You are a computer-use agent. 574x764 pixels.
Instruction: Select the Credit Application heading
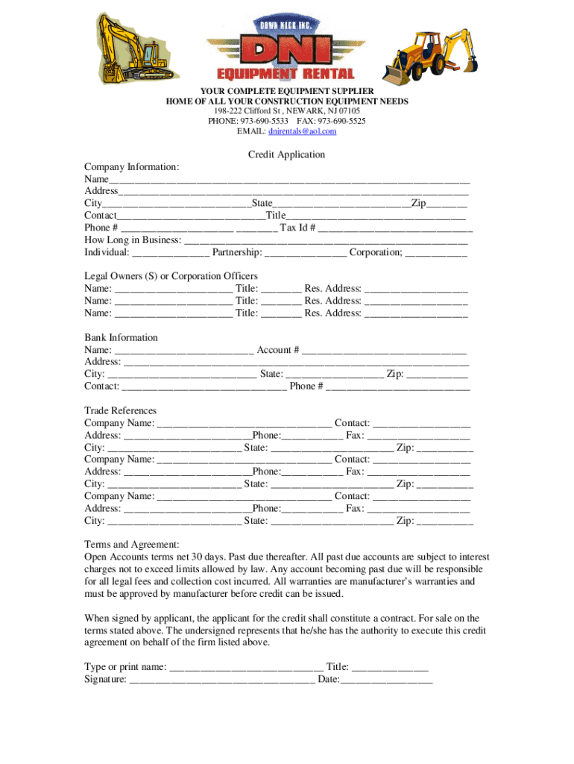(x=287, y=154)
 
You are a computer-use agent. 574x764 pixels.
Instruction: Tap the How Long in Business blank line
(x=326, y=241)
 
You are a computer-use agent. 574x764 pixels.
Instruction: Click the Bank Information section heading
(x=121, y=338)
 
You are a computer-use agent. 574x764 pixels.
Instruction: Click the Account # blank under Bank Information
(x=384, y=351)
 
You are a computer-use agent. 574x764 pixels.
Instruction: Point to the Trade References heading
(x=120, y=411)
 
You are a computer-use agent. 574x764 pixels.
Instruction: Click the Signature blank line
(x=222, y=680)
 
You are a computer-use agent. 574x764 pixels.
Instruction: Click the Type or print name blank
(x=247, y=668)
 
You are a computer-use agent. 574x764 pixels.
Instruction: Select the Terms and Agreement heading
(x=131, y=545)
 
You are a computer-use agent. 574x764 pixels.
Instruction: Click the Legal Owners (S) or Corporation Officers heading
(x=171, y=277)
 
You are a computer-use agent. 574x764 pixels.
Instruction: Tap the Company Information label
(x=131, y=168)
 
